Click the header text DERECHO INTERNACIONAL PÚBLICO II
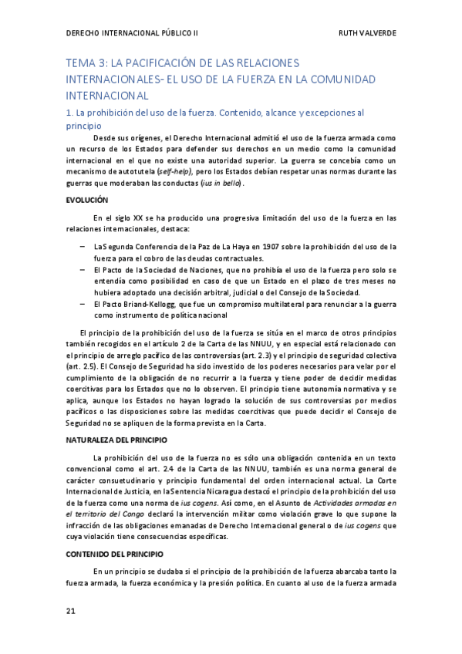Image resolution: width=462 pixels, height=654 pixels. pos(133,34)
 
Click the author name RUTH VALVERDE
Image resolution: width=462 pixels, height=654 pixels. pos(368,34)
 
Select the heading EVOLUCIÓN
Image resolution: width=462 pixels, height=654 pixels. pos(86,200)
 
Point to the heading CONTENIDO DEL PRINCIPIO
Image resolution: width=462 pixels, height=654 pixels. pos(115,554)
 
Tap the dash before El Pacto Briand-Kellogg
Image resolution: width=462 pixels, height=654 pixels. pos(83,305)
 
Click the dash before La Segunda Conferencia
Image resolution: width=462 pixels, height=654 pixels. pos(83,247)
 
